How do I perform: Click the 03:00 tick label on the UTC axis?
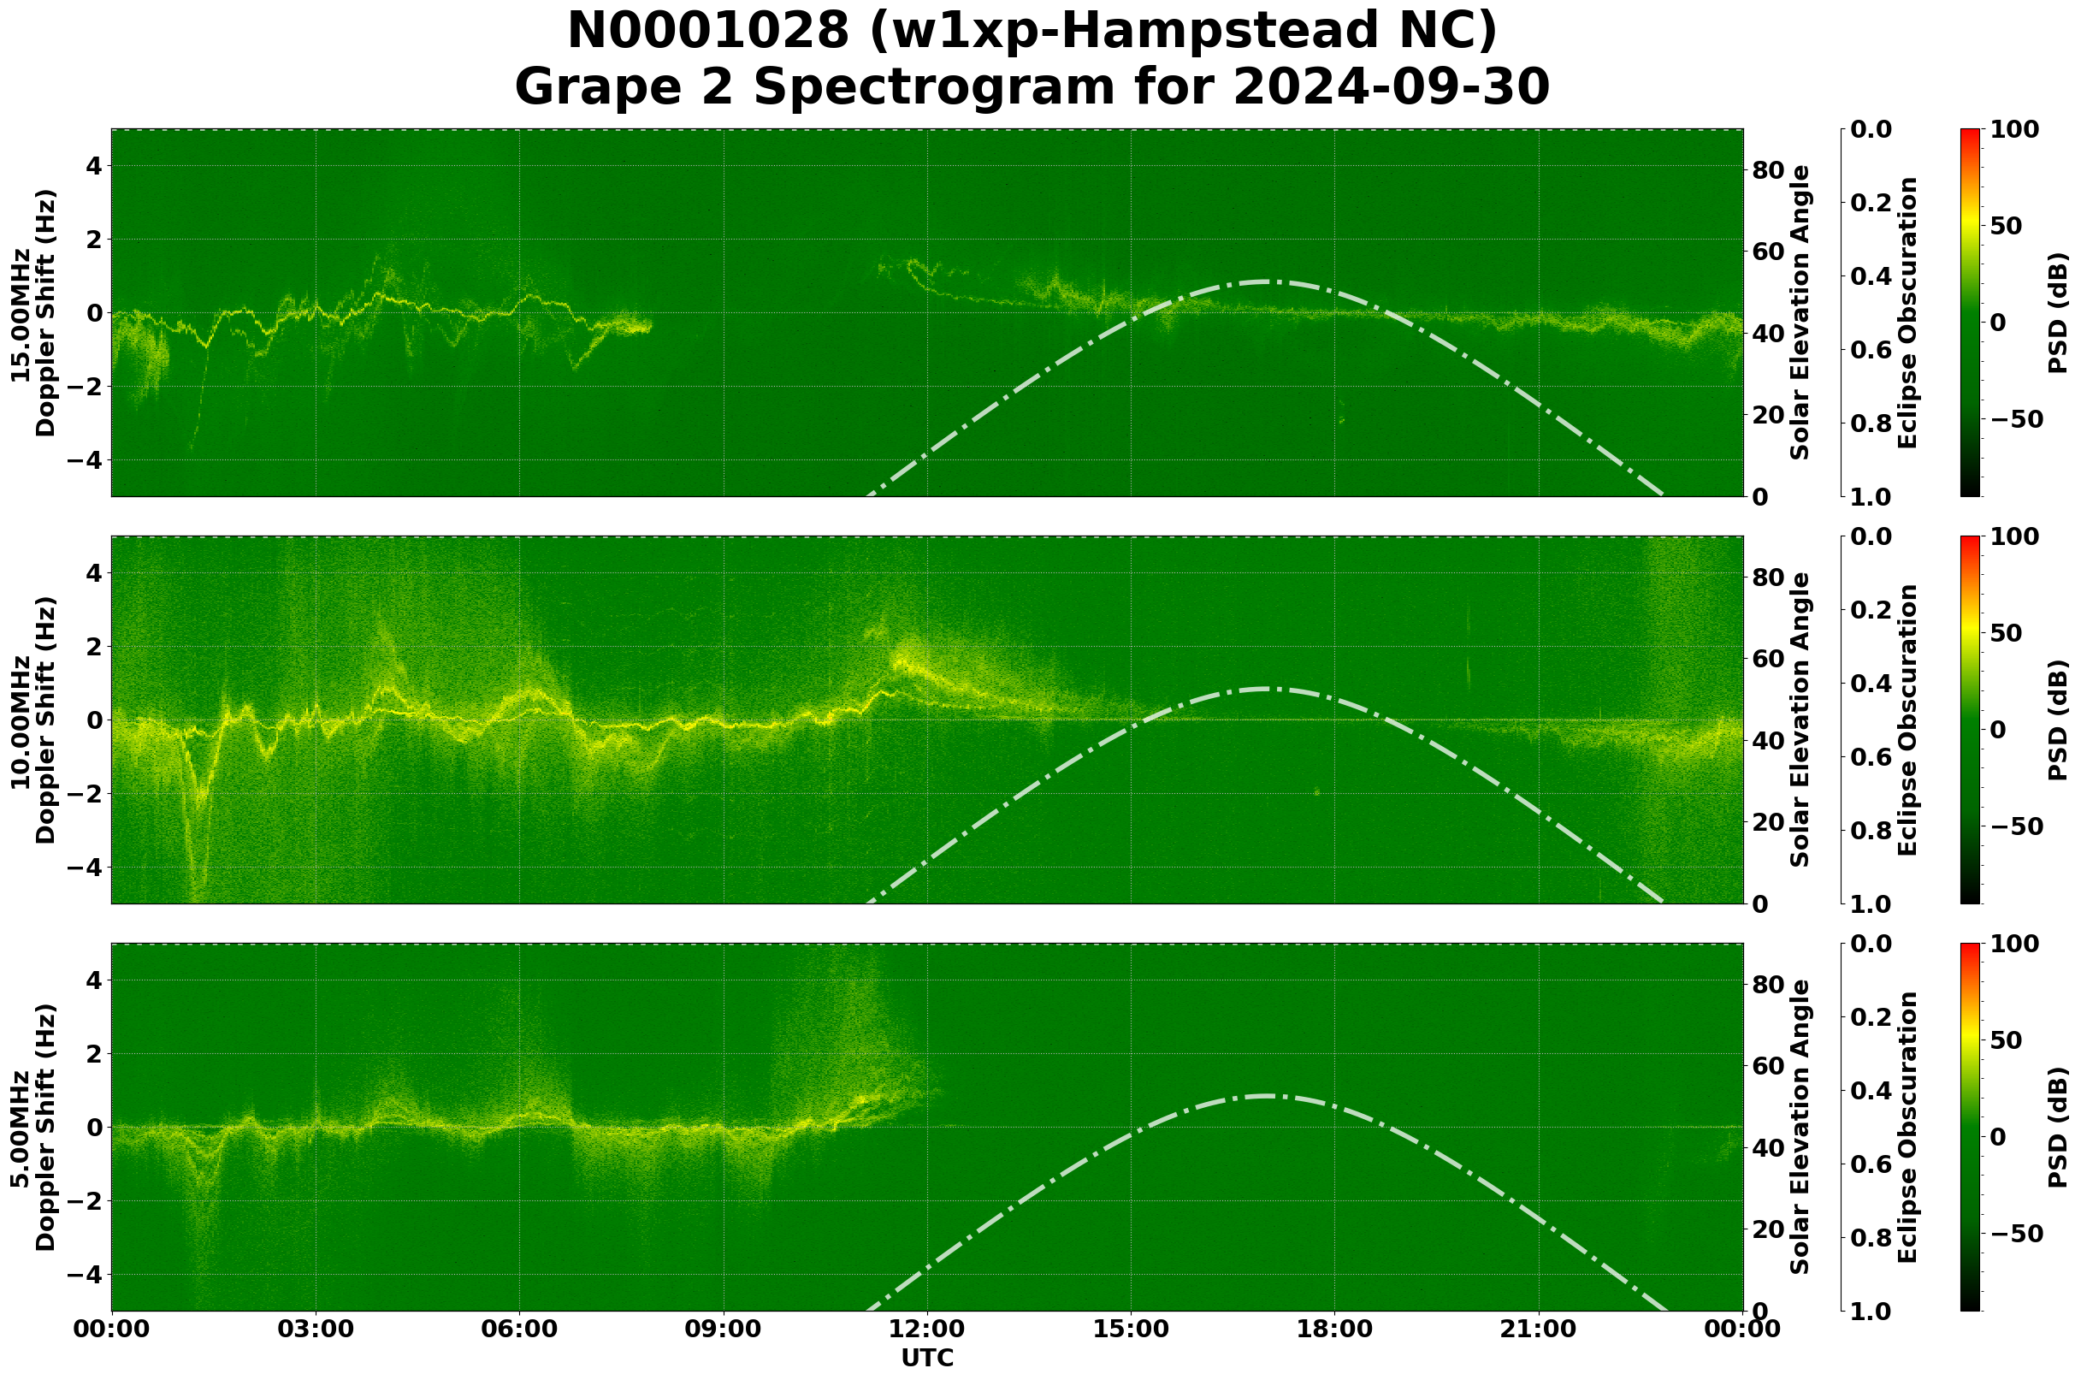[x=315, y=1329]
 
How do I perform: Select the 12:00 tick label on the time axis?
[x=926, y=1329]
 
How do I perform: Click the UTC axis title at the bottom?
[x=927, y=1358]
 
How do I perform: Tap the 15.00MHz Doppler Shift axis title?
[x=33, y=312]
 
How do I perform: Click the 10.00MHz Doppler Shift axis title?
[x=33, y=720]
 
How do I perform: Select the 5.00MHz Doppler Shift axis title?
[x=33, y=1128]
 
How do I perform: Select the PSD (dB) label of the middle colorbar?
[x=2058, y=720]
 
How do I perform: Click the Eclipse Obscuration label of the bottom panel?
[x=1907, y=1128]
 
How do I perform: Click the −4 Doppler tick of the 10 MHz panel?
[x=86, y=868]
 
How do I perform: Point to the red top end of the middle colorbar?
[x=1970, y=539]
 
